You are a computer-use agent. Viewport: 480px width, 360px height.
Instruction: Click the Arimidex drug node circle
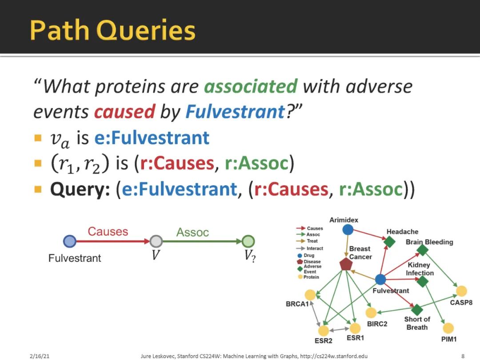[x=348, y=229]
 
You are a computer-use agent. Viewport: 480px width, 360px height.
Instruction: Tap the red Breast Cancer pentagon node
[x=346, y=264]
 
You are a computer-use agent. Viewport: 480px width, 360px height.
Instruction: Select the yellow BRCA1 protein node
[x=310, y=295]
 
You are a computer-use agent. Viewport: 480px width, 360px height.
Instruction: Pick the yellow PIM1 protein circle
[x=448, y=328]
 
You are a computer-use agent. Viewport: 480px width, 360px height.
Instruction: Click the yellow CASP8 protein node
[x=461, y=291]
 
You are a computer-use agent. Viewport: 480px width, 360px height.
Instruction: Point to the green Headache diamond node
[x=389, y=241]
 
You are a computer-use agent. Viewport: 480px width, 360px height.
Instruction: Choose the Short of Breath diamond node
[x=417, y=309]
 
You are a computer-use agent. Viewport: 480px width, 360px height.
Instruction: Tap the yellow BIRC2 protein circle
[x=371, y=312]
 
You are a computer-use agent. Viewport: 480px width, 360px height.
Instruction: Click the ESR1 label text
[x=356, y=338]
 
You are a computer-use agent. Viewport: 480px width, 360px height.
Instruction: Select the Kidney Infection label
[x=420, y=269]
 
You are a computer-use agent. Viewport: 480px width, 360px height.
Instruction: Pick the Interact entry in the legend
[x=309, y=248]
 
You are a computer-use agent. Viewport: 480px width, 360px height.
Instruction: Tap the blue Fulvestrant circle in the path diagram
[x=69, y=241]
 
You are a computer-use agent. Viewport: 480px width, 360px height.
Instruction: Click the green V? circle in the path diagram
[x=248, y=241]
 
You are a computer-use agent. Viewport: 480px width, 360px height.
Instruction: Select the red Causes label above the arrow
[x=108, y=232]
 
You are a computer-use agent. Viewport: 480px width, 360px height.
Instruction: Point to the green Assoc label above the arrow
[x=192, y=232]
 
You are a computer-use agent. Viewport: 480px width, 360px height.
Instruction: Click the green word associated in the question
[x=251, y=86]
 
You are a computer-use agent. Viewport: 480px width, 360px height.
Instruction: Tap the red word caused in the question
[x=124, y=112]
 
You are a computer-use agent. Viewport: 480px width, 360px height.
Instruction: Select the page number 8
[x=463, y=356]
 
